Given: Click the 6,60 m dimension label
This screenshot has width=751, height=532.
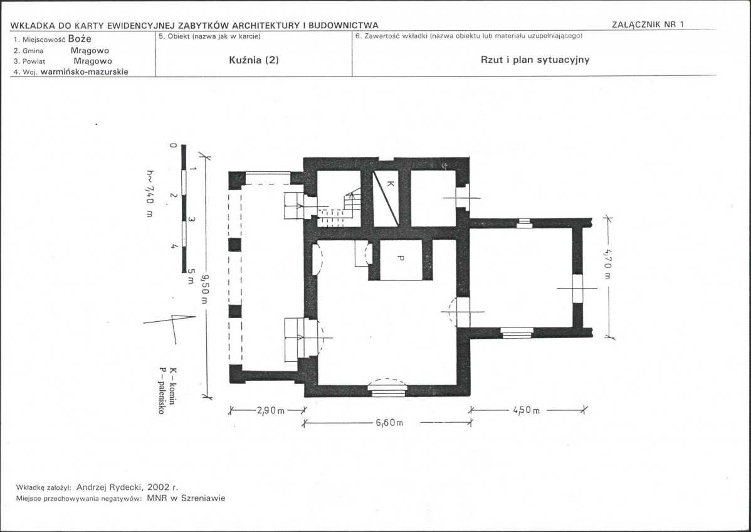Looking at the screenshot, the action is click(x=389, y=423).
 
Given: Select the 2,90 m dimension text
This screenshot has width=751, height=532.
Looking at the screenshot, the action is click(x=271, y=410).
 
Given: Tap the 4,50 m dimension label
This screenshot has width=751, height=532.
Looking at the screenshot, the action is click(x=527, y=410).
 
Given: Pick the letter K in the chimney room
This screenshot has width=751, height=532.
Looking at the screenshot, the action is click(x=390, y=183).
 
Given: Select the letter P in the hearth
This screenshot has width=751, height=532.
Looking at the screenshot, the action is click(x=401, y=258).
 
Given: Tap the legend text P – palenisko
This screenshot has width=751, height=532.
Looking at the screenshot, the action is click(x=162, y=391).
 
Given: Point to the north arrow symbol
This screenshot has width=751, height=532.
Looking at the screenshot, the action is click(x=171, y=326).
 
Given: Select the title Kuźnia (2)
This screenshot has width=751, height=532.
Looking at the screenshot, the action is click(x=254, y=60).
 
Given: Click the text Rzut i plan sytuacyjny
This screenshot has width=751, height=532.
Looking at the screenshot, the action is click(x=535, y=60).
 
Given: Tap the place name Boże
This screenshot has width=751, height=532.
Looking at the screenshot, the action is click(x=80, y=39).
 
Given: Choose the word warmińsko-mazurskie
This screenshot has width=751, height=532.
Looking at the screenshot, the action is click(x=85, y=72).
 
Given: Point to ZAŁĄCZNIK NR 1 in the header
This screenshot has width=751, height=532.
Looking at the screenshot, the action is click(x=648, y=24).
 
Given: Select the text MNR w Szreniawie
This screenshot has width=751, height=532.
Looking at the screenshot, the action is click(x=186, y=498).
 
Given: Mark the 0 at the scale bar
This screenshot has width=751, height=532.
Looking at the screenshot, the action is click(x=174, y=145).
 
